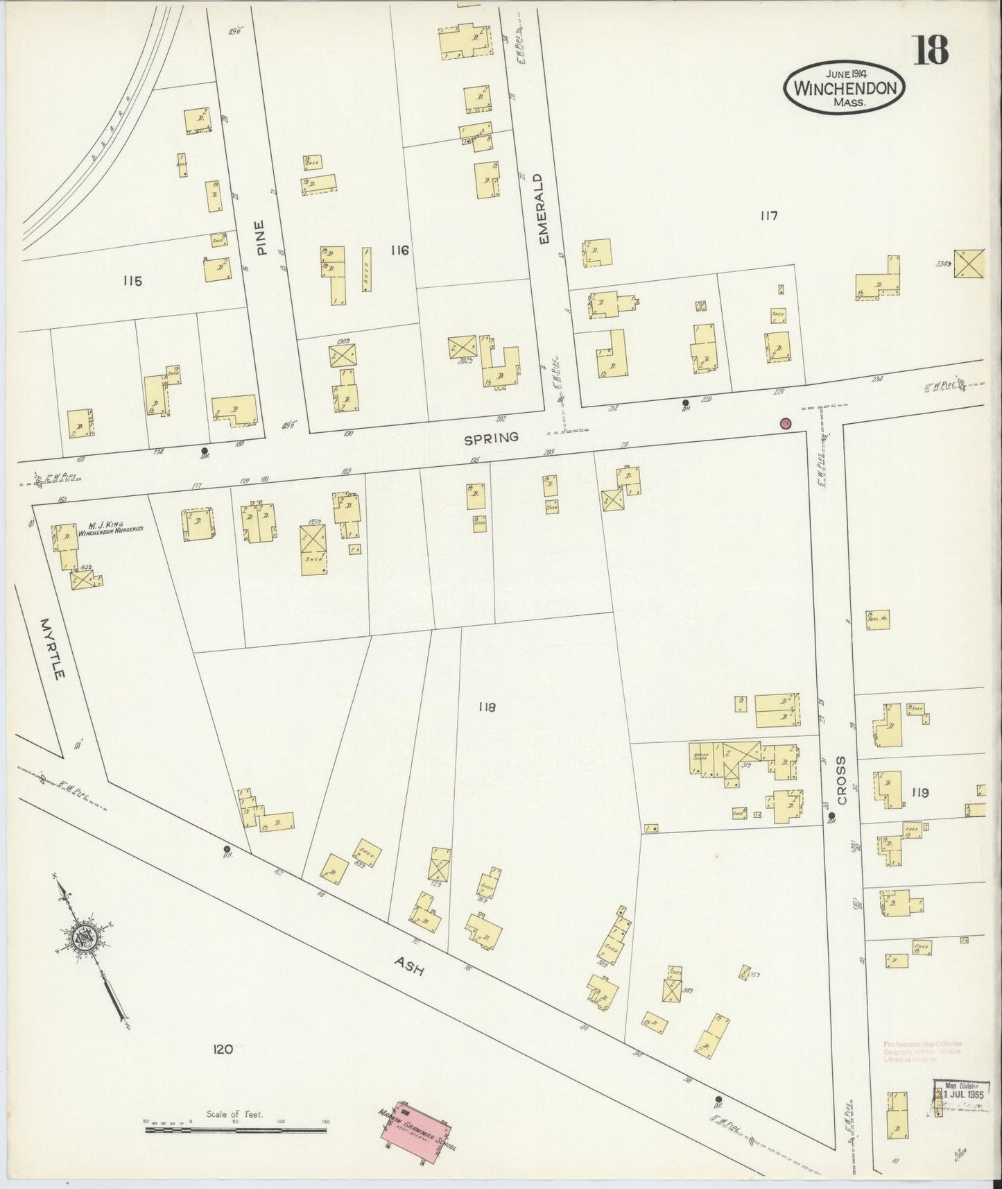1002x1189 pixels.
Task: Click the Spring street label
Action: tap(491, 438)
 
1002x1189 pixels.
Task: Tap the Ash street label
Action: tap(409, 967)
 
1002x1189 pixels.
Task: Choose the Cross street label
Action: tap(842, 780)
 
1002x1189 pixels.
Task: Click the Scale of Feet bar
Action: tap(236, 1129)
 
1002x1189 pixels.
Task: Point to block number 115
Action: tap(132, 281)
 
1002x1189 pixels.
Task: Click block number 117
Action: tap(768, 216)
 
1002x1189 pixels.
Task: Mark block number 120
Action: tap(223, 1050)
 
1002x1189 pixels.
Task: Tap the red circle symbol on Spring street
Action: tap(786, 423)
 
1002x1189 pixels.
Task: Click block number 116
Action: tap(399, 250)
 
